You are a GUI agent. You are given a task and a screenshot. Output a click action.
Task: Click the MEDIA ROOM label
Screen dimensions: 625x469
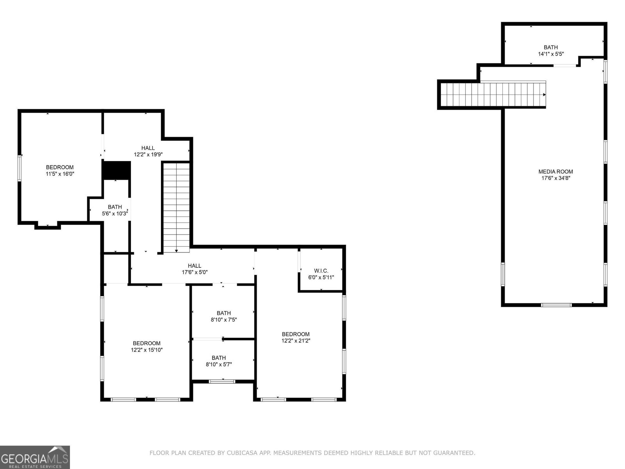[555, 172]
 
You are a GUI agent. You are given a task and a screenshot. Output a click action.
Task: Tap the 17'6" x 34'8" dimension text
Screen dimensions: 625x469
[555, 178]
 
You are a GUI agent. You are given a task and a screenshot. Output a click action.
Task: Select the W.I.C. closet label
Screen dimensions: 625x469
[321, 270]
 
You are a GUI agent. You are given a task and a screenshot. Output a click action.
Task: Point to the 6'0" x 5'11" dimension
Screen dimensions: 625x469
[321, 277]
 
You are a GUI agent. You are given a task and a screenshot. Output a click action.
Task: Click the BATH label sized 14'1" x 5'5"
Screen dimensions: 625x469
[551, 47]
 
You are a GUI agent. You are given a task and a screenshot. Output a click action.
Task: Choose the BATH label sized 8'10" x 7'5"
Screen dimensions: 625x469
[223, 313]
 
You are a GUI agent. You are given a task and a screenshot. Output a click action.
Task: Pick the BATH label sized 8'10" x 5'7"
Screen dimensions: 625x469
[219, 358]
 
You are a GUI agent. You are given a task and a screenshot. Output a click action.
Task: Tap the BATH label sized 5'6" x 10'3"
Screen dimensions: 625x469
[115, 207]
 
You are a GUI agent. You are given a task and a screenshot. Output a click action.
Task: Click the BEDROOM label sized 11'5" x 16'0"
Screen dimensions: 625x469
[60, 167]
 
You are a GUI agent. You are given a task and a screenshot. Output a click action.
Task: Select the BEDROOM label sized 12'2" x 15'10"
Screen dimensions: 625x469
[146, 343]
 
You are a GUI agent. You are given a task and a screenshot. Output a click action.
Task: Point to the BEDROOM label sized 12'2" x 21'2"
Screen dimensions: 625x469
[296, 334]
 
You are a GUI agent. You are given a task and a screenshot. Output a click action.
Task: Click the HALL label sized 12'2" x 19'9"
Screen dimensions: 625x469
[148, 148]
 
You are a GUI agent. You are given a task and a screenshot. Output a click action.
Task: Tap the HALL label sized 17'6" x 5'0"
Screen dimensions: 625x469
[195, 265]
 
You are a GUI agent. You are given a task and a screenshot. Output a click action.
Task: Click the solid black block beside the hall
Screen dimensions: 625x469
[116, 170]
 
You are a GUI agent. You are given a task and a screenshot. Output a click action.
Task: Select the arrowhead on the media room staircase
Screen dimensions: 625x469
[545, 95]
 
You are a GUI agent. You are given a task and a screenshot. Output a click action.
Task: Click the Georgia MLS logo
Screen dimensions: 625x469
[35, 457]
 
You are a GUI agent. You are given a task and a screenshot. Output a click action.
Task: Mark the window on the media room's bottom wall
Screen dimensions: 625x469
[556, 305]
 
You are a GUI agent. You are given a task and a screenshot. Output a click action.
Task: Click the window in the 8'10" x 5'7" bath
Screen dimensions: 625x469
[222, 381]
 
